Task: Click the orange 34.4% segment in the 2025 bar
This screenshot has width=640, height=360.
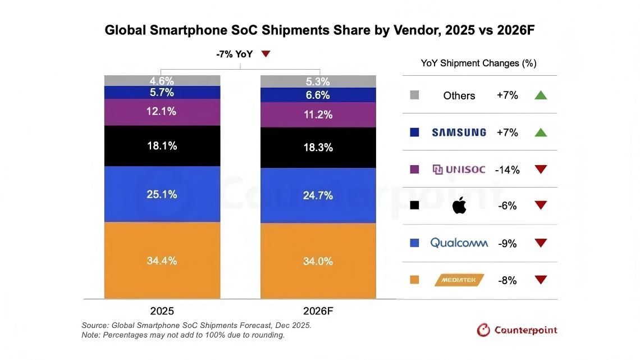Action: [162, 261]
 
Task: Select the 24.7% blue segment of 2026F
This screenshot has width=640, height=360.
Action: [318, 195]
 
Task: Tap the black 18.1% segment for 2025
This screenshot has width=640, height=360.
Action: [162, 146]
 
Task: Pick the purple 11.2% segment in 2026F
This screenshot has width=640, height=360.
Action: [318, 115]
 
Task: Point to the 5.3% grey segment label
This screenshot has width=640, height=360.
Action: [318, 82]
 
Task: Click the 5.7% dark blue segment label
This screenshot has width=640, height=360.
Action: [162, 93]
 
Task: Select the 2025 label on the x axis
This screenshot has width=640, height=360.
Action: [162, 311]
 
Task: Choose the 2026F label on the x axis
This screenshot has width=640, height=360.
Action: [318, 311]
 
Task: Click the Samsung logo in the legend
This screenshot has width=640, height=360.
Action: [459, 133]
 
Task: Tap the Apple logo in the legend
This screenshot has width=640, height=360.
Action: [459, 206]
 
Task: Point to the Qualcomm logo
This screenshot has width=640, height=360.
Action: [458, 243]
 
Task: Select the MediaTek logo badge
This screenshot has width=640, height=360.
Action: [459, 280]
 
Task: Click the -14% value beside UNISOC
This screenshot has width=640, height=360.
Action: [508, 170]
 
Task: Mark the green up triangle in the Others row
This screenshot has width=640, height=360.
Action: [541, 95]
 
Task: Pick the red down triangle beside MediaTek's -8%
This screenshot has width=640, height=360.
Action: [541, 280]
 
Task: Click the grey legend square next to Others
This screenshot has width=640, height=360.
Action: [415, 95]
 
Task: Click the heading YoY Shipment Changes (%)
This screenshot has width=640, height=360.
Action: [478, 63]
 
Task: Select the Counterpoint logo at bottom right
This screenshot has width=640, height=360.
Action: [517, 330]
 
